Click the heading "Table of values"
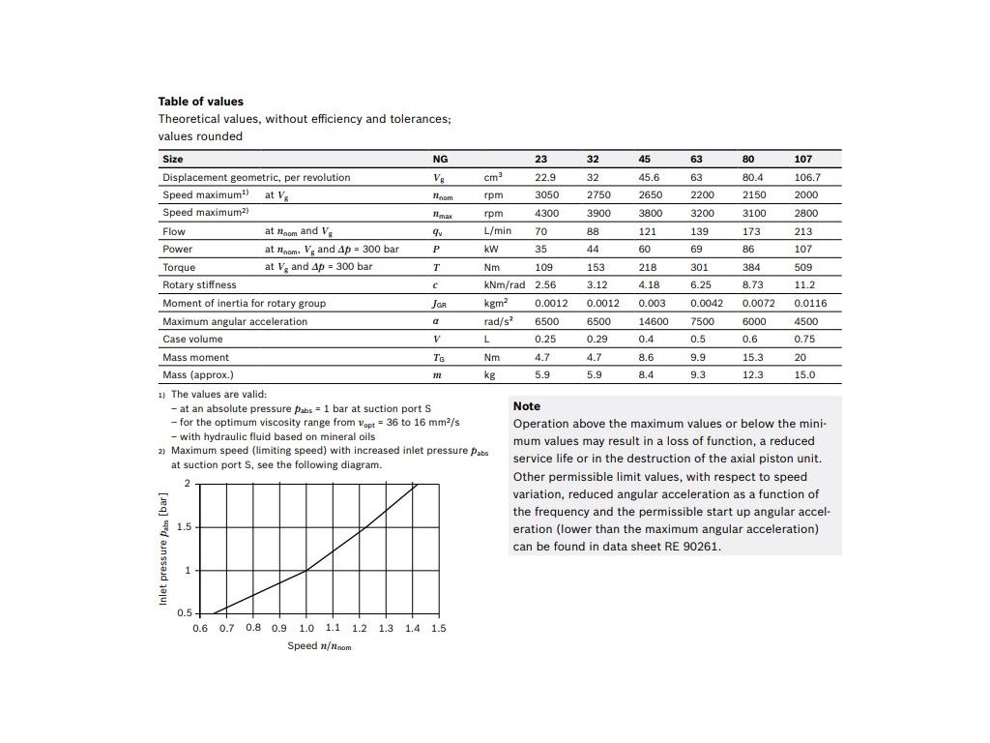coord(200,101)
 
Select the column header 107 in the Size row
coord(803,159)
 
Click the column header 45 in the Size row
coord(644,159)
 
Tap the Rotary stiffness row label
coord(199,285)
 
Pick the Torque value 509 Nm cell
coord(803,267)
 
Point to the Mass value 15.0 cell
coord(804,374)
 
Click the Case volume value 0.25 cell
coord(546,339)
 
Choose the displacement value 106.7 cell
coord(807,177)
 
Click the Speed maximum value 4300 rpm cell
coord(547,213)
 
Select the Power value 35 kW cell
coord(541,249)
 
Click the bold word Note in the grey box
coord(527,406)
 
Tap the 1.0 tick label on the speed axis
coord(306,629)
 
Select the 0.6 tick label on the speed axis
coord(199,629)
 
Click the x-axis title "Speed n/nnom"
coord(319,645)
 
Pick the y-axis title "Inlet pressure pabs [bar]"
coord(164,550)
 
